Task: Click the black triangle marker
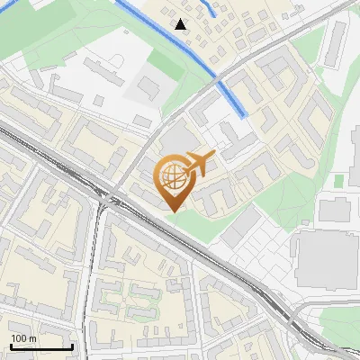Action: (182, 24)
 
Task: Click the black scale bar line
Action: (41, 346)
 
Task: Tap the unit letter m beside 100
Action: (32, 338)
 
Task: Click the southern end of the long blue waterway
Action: (244, 115)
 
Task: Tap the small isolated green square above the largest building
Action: (339, 181)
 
